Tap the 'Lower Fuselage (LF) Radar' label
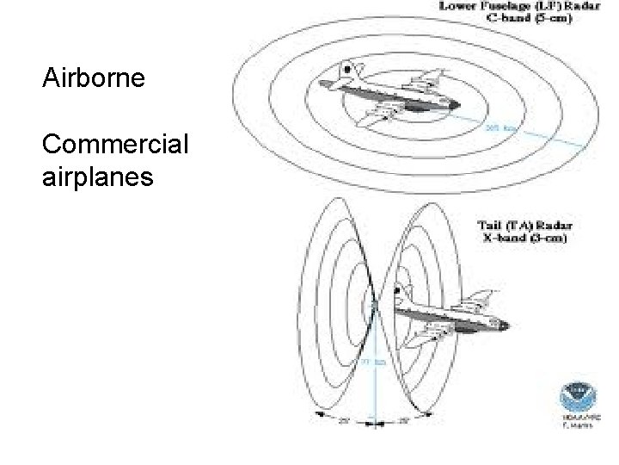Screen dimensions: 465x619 pyautogui.click(x=514, y=6)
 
